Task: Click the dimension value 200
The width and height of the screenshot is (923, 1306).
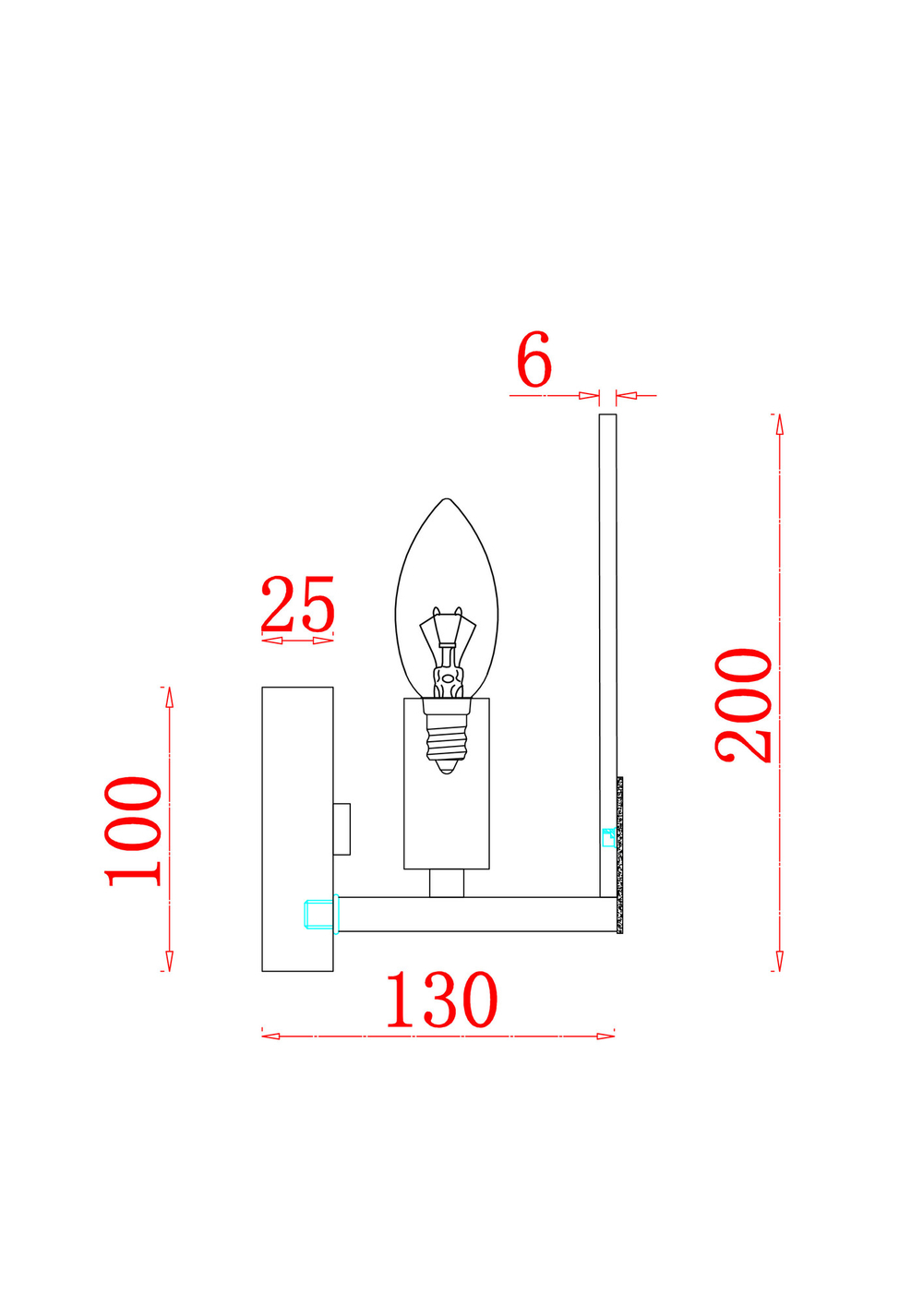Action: click(745, 705)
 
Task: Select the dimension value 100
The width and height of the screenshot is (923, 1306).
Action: click(135, 831)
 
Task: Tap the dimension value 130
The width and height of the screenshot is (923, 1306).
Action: click(441, 1000)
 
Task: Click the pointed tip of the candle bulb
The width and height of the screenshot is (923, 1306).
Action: click(447, 501)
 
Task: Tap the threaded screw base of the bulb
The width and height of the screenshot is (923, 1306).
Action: click(447, 738)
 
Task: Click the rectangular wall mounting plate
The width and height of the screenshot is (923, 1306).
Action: click(297, 828)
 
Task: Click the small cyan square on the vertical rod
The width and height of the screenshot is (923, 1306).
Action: click(608, 837)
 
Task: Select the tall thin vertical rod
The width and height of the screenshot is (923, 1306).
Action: click(607, 646)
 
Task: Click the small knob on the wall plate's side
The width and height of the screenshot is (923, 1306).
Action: click(342, 828)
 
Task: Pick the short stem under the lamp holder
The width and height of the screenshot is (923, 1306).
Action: click(447, 882)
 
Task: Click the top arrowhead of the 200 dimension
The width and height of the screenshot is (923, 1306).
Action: click(779, 424)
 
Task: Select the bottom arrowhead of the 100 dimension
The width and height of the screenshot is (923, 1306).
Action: click(169, 961)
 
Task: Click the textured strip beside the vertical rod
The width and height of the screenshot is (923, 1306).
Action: click(620, 854)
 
